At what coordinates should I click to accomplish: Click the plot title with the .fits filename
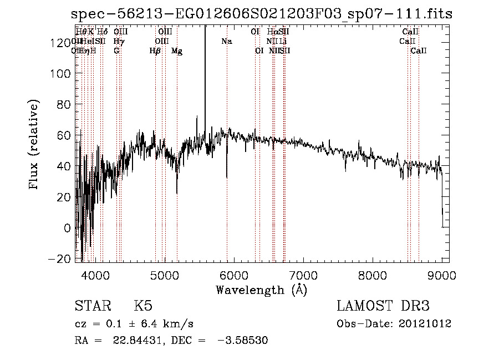pos(262,13)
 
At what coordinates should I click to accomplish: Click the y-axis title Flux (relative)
pos(34,145)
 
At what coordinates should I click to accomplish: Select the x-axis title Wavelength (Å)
pos(262,290)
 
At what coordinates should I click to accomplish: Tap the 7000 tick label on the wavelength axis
pos(303,275)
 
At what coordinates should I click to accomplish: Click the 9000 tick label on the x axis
pos(442,275)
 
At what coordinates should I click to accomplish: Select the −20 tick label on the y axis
pos(59,258)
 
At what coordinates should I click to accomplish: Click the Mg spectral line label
pos(177,51)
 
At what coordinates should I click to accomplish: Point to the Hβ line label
pos(155,51)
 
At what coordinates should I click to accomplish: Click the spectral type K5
pos(143,306)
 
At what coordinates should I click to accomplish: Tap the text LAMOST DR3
pos(383,306)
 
